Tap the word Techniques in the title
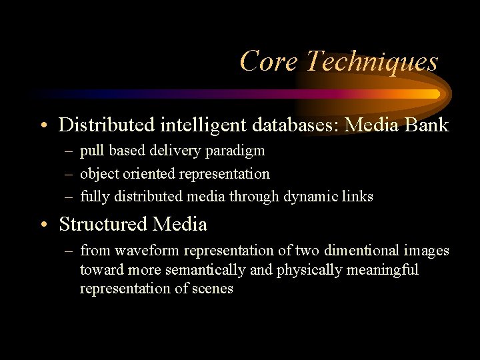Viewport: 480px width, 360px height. point(371,61)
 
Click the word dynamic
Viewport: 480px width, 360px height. point(312,197)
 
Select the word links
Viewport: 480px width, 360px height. point(359,197)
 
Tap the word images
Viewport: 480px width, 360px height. point(428,251)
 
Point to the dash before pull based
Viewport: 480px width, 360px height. point(69,151)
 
